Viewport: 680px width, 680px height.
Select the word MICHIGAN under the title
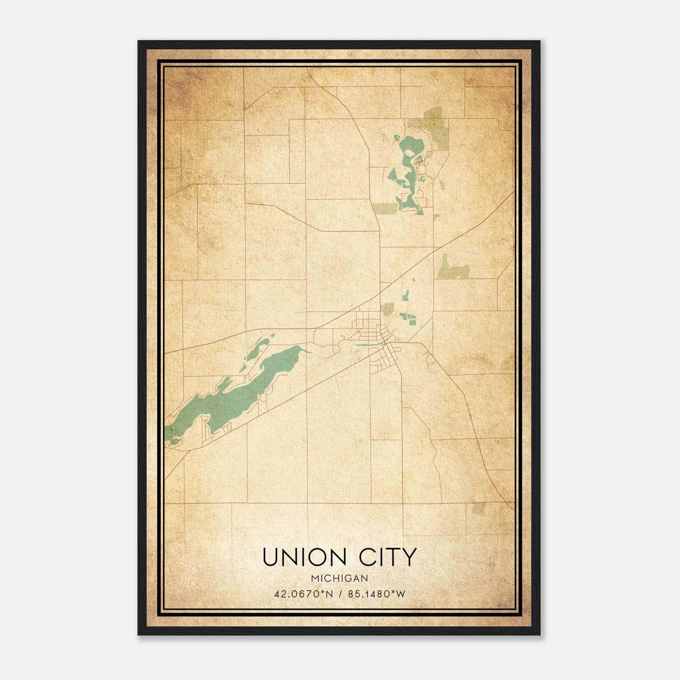click(339, 578)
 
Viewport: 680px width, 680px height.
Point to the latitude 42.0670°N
click(303, 594)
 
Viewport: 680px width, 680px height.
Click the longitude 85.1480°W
click(377, 594)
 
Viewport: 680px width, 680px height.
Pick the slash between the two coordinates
click(340, 594)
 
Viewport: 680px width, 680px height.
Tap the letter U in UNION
click(270, 557)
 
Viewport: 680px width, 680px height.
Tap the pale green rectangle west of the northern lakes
click(385, 208)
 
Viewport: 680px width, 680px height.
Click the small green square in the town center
click(387, 307)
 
